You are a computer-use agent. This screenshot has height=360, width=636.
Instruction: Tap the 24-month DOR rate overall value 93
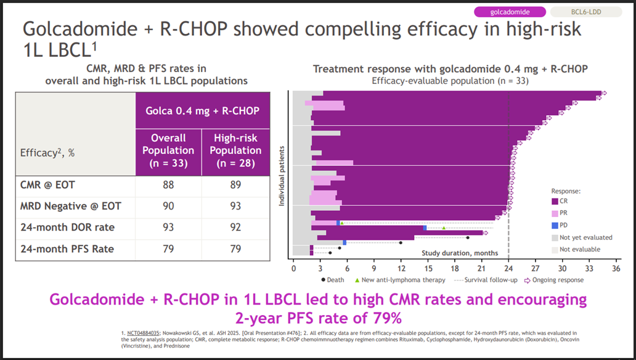169,227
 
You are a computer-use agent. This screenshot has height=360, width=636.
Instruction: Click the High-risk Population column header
235,150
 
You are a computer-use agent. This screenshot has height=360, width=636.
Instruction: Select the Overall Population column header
169,150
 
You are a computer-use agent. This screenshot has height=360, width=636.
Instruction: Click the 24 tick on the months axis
508,268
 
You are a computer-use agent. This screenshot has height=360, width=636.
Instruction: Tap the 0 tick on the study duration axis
293,268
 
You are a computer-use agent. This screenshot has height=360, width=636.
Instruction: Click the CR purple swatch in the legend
555,202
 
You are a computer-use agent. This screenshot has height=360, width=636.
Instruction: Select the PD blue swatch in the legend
555,225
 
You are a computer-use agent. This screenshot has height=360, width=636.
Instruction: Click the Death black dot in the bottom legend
324,280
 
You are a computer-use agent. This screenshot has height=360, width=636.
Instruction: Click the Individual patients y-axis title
282,176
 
